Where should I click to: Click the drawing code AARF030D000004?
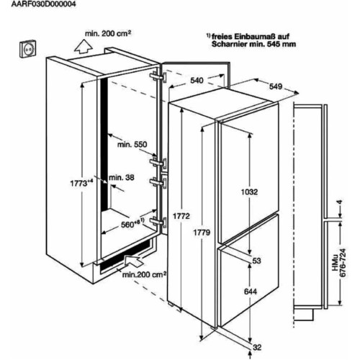click(x=43, y=4)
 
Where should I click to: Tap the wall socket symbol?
click(x=28, y=49)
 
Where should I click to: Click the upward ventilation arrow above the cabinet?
click(x=84, y=46)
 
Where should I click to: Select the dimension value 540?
click(x=197, y=81)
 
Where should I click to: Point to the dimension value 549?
click(x=276, y=86)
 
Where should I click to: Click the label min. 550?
click(x=132, y=145)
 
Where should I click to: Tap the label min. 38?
click(x=122, y=178)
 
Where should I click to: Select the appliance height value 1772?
click(x=181, y=216)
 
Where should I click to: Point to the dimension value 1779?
click(x=202, y=233)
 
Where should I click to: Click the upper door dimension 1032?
click(x=250, y=192)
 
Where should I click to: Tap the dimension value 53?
click(x=256, y=261)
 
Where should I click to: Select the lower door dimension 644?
click(x=251, y=292)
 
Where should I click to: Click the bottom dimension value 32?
click(x=257, y=347)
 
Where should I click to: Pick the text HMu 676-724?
click(x=339, y=263)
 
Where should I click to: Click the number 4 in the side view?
click(x=339, y=202)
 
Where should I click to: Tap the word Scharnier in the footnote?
click(x=230, y=44)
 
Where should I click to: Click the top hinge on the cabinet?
click(x=158, y=77)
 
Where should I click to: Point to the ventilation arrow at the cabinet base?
click(x=134, y=261)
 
